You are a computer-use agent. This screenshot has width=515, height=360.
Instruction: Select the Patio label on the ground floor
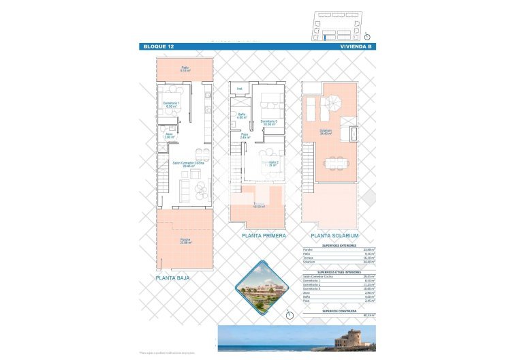click(x=185, y=68)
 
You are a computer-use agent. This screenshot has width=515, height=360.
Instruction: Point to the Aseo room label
click(x=169, y=136)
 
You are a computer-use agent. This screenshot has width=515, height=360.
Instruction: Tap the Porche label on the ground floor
click(x=185, y=241)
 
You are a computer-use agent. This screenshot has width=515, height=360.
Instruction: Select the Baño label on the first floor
click(x=241, y=115)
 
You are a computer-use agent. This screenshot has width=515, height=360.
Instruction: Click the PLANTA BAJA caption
click(x=173, y=278)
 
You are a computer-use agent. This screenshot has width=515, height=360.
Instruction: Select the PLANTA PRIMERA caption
click(x=264, y=235)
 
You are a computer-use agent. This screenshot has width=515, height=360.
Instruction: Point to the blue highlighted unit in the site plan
click(x=330, y=37)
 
